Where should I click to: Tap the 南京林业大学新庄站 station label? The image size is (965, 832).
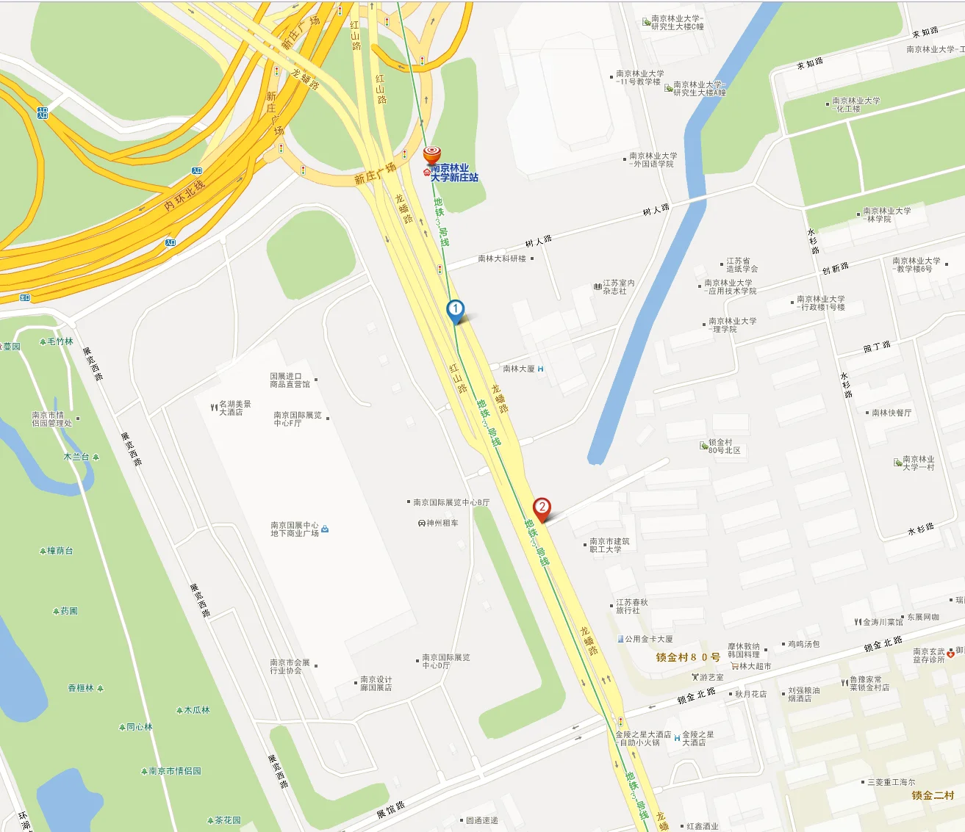tap(454, 173)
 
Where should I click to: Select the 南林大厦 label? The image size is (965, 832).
tap(519, 369)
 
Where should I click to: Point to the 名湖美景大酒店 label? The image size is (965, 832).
tap(234, 408)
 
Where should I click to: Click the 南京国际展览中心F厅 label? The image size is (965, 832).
tap(297, 419)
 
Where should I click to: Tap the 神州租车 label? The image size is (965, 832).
tap(442, 523)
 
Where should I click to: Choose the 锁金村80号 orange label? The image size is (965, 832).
tap(688, 657)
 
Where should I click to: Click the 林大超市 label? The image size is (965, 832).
tap(755, 666)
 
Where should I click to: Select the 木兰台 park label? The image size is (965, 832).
tap(76, 457)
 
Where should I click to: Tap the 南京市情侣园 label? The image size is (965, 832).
tap(174, 771)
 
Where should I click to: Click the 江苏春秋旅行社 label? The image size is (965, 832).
tap(631, 606)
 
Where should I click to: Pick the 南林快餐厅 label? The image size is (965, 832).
tap(891, 413)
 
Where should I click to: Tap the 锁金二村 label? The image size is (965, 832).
tap(933, 795)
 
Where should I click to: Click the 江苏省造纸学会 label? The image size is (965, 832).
tap(742, 265)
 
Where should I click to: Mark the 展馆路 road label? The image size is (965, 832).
tap(390, 810)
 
